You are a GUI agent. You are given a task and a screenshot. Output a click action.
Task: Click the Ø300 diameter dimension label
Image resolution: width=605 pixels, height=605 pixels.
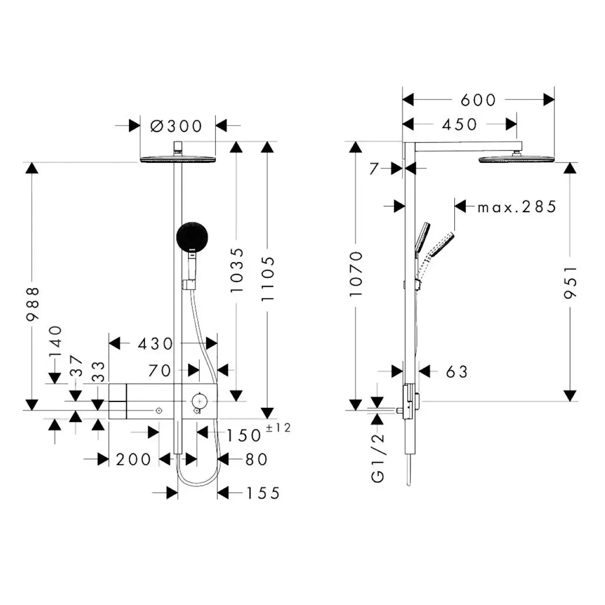(177, 126)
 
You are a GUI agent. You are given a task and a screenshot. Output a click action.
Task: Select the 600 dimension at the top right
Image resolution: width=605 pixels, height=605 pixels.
(478, 100)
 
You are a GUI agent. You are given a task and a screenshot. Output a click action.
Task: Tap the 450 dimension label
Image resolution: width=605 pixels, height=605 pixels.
(459, 125)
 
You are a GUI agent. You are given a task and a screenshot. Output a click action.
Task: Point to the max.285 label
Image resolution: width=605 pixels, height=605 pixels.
(517, 207)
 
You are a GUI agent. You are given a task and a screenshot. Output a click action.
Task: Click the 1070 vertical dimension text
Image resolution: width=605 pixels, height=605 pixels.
(356, 274)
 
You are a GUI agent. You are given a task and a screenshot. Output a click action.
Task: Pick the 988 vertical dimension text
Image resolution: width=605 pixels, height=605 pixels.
(33, 304)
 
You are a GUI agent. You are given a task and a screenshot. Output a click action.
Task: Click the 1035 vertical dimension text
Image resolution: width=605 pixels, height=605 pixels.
(236, 270)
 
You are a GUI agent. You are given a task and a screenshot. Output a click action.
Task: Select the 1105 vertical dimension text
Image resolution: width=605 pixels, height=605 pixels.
(268, 279)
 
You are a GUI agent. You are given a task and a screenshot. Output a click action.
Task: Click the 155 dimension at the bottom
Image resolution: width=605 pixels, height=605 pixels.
(263, 493)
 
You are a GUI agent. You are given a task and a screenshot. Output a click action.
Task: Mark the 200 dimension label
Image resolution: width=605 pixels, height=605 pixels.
(133, 460)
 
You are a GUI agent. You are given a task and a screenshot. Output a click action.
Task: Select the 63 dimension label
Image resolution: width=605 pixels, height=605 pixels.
(457, 372)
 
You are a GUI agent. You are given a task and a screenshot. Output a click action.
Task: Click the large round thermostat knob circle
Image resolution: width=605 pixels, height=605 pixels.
(199, 401)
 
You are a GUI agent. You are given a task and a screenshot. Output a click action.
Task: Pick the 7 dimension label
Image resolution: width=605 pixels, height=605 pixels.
(374, 168)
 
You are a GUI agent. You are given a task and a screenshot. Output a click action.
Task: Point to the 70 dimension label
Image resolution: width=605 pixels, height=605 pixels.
(160, 371)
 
